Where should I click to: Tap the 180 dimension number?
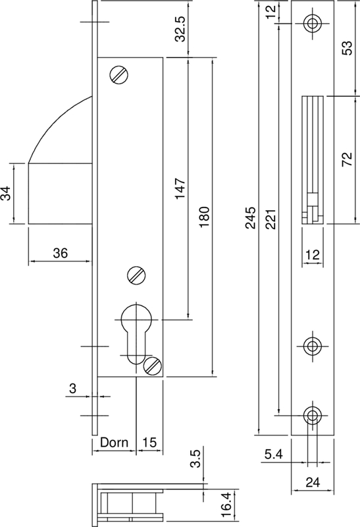pyautogui.click(x=204, y=218)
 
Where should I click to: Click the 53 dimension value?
pyautogui.click(x=349, y=48)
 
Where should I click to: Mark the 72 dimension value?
pyautogui.click(x=349, y=160)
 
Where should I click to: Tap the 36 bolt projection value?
pyautogui.click(x=60, y=253)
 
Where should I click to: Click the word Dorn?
pyautogui.click(x=113, y=443)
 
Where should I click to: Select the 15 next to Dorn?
pyautogui.click(x=148, y=443)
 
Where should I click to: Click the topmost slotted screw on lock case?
pyautogui.click(x=120, y=75)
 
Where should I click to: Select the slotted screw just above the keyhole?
pyautogui.click(x=136, y=275)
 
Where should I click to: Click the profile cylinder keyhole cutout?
pyautogui.click(x=137, y=329)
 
